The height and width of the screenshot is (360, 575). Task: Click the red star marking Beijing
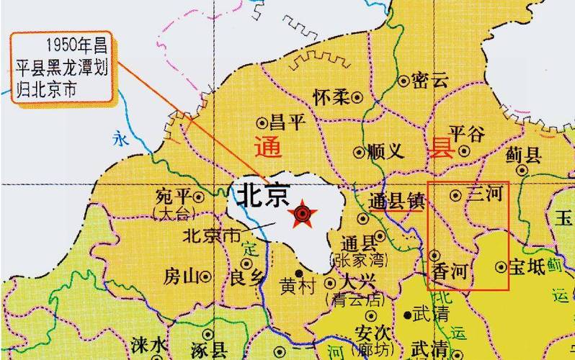(x=303, y=214)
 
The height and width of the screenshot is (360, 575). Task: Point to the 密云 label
(x=430, y=81)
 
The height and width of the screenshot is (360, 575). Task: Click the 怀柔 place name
(x=331, y=96)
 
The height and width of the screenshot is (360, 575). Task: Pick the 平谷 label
(x=467, y=133)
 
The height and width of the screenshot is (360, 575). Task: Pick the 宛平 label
(x=174, y=196)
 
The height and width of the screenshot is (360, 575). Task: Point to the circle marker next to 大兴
(x=330, y=283)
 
